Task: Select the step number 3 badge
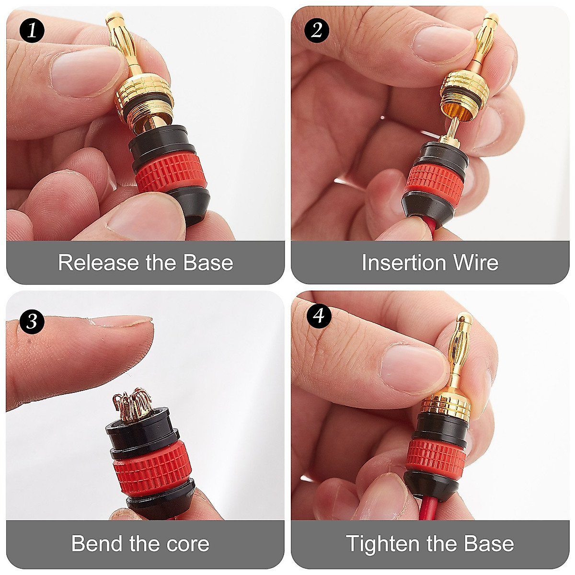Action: (32, 320)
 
